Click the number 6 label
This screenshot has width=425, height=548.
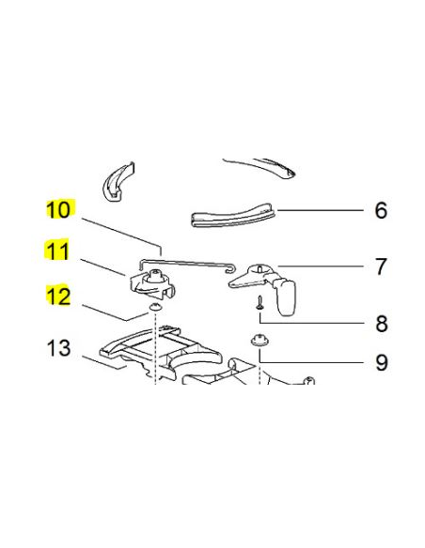(380, 210)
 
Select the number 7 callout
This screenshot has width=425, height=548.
(380, 267)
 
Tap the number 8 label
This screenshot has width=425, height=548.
(380, 325)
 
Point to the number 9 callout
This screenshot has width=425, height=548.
(380, 362)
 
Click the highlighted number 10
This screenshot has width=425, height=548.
(58, 209)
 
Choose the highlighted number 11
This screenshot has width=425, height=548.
(58, 251)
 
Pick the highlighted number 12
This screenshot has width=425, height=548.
(58, 297)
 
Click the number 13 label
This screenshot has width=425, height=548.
(58, 349)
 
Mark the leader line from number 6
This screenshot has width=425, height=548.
(320, 210)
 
